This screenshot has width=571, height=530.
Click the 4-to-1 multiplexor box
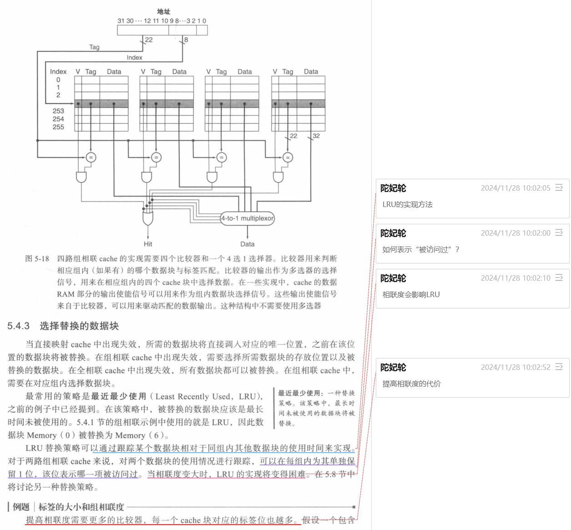click(x=248, y=218)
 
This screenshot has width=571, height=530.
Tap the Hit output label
click(x=148, y=244)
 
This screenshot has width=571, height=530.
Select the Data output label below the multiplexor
click(x=248, y=244)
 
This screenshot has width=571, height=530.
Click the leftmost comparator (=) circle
click(x=91, y=157)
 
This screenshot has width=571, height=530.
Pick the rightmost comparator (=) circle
click(x=288, y=157)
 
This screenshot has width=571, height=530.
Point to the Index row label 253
click(x=58, y=111)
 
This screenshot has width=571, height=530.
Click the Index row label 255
click(x=58, y=127)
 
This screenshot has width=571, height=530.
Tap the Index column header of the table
click(x=58, y=72)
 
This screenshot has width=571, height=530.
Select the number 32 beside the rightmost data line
click(x=316, y=136)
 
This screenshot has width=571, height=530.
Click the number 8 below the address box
click(x=186, y=40)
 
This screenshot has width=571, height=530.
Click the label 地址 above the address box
click(x=163, y=12)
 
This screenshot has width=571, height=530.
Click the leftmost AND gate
click(x=81, y=177)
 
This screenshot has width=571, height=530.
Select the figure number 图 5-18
click(x=37, y=259)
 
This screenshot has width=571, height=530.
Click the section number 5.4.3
click(x=18, y=326)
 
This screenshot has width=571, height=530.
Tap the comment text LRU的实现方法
click(x=408, y=205)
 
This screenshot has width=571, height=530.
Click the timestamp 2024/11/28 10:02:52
click(x=515, y=367)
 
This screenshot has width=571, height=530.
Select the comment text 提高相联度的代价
click(x=412, y=384)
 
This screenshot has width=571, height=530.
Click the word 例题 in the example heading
click(x=21, y=507)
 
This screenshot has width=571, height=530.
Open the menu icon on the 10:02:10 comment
click(x=559, y=278)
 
